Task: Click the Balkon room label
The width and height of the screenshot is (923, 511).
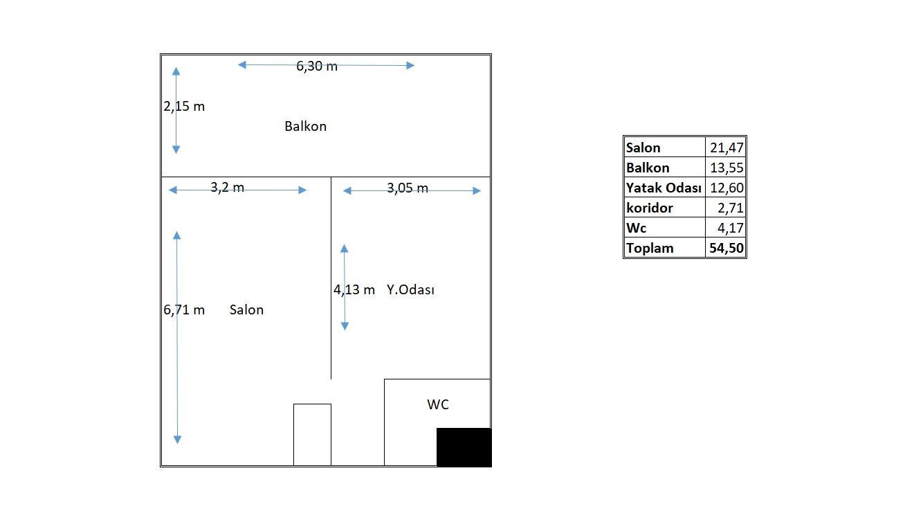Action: coord(305,127)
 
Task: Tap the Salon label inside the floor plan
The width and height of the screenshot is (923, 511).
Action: coord(246,310)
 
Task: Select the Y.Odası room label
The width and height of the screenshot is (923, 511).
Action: coord(410,290)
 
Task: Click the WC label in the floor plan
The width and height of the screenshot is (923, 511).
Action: coord(438,404)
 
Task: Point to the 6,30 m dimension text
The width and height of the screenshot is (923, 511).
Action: coord(317,66)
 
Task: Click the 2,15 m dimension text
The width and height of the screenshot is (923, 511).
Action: coord(184,107)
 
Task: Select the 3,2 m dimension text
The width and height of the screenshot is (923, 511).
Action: coord(227,188)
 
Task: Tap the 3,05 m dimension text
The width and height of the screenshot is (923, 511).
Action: coord(407,188)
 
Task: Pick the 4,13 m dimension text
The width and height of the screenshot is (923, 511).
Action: coord(354,290)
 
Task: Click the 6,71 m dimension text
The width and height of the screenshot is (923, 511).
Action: coord(184,310)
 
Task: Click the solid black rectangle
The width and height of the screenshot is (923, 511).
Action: coord(464,447)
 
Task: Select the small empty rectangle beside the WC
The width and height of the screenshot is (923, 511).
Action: coord(312,434)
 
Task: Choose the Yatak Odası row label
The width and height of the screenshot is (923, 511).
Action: coord(664,188)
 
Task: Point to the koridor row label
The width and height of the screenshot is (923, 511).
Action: coord(649,208)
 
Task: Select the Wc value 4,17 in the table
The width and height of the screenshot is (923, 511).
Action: coord(730,228)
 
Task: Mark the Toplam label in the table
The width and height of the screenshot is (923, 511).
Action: coord(649,248)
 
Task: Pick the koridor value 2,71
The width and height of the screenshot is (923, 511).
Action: coord(730,208)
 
